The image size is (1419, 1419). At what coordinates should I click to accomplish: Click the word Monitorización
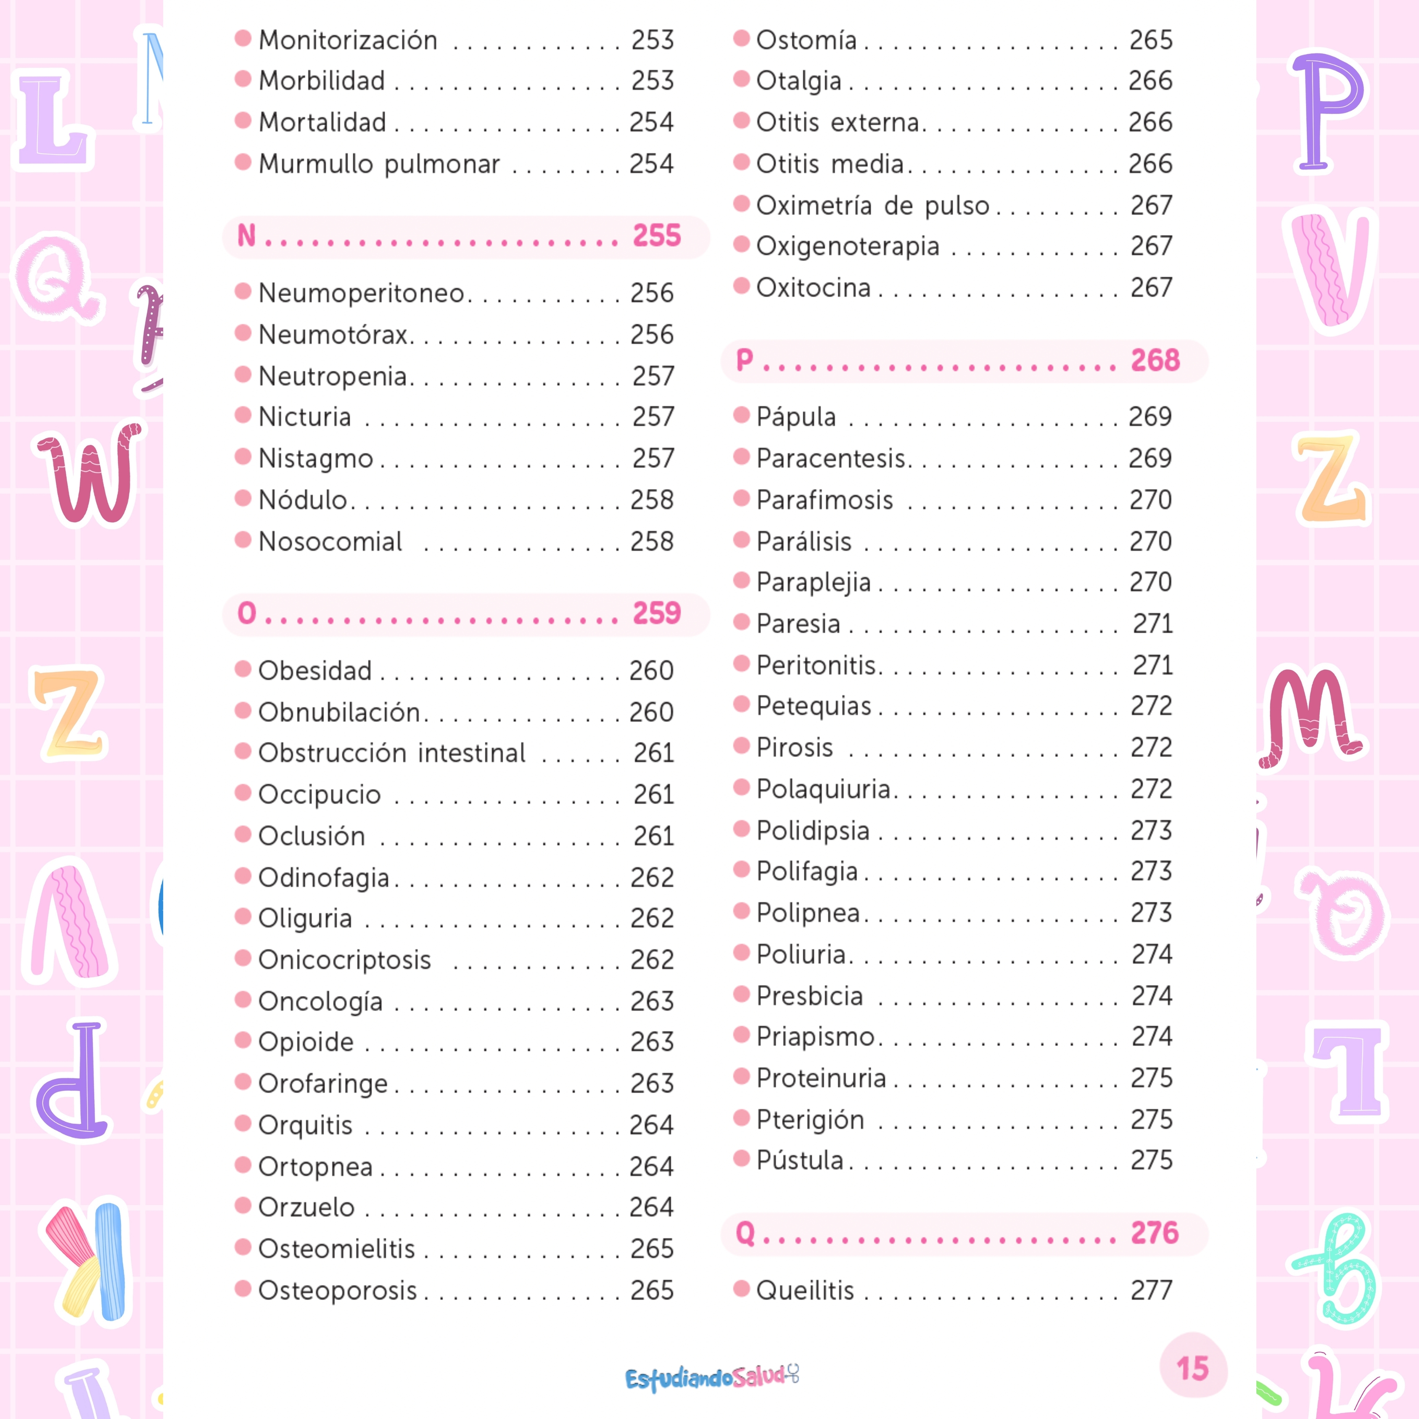pyautogui.click(x=347, y=40)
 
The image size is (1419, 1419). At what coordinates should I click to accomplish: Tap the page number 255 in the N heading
pyautogui.click(x=657, y=236)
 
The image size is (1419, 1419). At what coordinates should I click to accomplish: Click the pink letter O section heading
pyautogui.click(x=247, y=613)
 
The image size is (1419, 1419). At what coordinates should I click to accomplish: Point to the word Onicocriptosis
pyautogui.click(x=344, y=960)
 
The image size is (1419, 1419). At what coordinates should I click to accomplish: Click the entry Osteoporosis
pyautogui.click(x=337, y=1290)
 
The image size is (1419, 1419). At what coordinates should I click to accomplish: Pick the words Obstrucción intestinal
pyautogui.click(x=391, y=753)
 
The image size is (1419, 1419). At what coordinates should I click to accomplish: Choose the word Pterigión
pyautogui.click(x=810, y=1119)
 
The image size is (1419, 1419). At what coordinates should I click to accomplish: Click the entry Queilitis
pyautogui.click(x=805, y=1290)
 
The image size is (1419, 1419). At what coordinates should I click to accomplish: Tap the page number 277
pyautogui.click(x=1151, y=1290)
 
